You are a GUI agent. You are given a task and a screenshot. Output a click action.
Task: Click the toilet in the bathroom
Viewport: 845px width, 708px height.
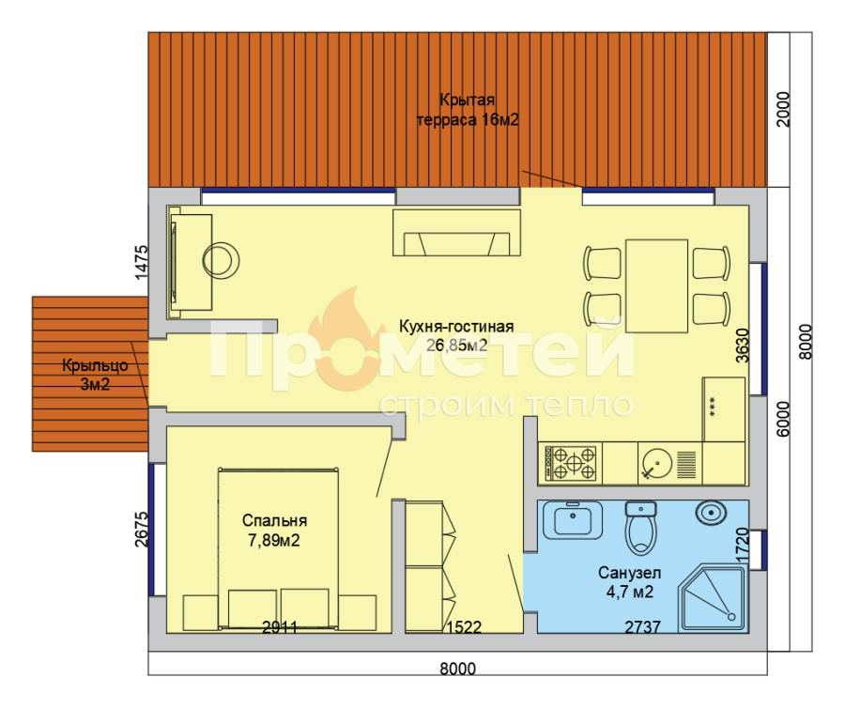point(640,528)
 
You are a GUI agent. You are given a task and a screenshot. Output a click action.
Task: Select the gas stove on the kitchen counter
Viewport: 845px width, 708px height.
point(570,463)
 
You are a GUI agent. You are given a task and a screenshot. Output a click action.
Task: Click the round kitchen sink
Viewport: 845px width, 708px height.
point(657,463)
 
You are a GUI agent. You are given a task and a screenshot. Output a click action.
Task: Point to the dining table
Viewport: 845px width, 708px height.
point(656,285)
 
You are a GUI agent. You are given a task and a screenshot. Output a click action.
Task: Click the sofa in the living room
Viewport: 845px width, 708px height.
point(456,233)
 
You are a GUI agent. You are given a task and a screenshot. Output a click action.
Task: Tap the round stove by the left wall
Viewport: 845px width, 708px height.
point(221,261)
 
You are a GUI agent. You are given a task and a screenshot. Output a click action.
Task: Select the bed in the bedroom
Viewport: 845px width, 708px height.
point(278,548)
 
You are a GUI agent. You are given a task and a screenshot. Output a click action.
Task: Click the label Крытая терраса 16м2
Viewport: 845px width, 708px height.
point(468,110)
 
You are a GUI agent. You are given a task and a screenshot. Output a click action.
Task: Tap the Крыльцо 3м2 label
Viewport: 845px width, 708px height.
point(95,375)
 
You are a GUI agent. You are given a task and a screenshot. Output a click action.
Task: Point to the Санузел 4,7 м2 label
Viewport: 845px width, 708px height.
point(629,582)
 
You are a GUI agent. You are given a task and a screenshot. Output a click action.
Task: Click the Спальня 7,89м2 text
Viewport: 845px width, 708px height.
point(274,531)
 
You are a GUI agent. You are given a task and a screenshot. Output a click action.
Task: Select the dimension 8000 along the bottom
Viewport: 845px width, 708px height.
point(457,669)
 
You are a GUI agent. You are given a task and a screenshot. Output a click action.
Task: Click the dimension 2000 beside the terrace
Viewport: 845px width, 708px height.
point(783,109)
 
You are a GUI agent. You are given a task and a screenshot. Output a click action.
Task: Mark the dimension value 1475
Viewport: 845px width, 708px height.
point(141,262)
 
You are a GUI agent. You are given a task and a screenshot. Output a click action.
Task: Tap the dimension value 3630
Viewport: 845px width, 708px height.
point(743,346)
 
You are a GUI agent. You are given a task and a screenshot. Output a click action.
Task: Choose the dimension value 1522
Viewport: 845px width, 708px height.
point(464,626)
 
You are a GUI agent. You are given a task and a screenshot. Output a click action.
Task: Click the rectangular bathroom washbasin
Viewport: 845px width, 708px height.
point(573,520)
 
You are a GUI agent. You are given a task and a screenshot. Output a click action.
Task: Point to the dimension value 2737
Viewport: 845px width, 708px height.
point(642,626)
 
